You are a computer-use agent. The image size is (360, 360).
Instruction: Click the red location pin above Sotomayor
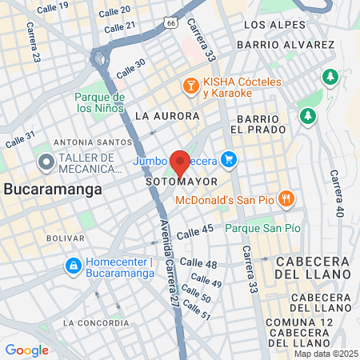[x=180, y=162]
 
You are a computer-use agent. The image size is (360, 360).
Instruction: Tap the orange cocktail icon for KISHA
[x=191, y=86]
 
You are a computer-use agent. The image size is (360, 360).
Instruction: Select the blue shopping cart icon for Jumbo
[x=230, y=159]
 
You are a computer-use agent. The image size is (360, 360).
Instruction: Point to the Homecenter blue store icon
[x=72, y=265]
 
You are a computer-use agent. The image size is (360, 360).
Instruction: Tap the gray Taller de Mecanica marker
[x=46, y=162]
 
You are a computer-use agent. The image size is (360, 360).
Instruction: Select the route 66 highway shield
[x=171, y=23]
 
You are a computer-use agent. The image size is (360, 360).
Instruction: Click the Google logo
[x=26, y=350]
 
